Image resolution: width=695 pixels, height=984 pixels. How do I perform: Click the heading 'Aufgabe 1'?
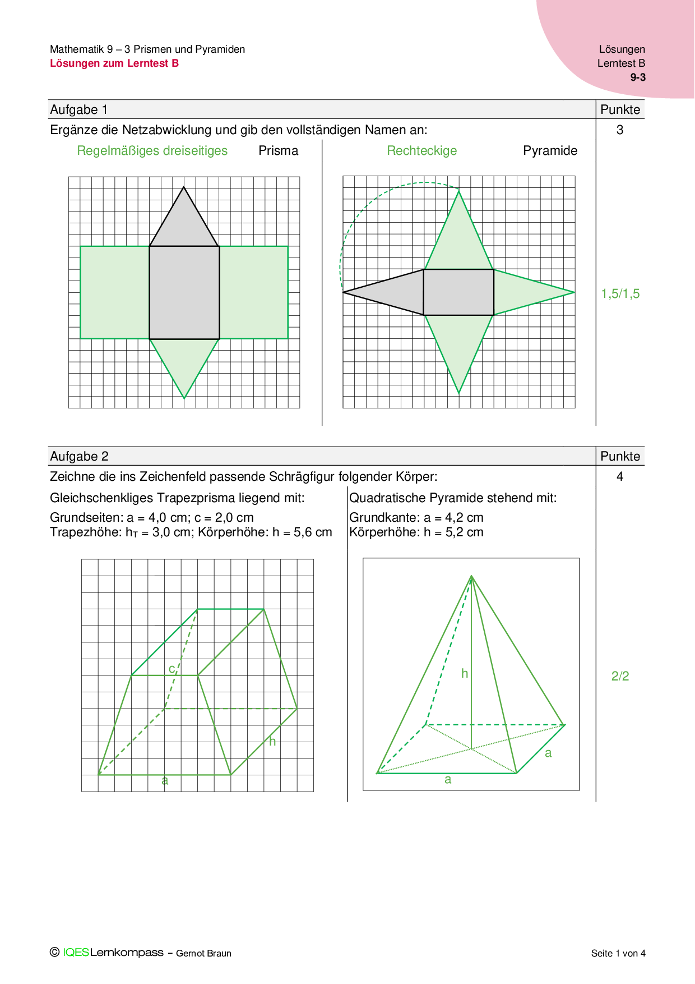[78, 109]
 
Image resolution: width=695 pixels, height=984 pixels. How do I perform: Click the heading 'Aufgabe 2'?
[79, 456]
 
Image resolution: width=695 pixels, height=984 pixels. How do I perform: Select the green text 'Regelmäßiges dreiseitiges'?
[152, 150]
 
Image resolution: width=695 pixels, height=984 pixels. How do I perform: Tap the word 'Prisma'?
[278, 150]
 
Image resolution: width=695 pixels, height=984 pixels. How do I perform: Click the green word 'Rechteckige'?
[422, 150]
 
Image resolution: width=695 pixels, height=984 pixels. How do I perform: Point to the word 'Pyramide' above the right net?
[550, 150]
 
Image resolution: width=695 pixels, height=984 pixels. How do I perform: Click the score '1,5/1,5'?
[620, 293]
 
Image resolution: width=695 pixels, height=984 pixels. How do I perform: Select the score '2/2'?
[620, 676]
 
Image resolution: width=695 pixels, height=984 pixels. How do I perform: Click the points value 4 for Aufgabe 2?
[620, 476]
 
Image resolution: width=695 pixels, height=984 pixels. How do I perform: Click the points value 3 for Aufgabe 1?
[620, 130]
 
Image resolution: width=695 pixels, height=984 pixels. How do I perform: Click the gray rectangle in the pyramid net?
[458, 292]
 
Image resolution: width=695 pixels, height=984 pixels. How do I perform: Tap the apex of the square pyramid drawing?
[471, 576]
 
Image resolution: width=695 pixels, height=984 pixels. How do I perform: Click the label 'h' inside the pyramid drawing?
[465, 673]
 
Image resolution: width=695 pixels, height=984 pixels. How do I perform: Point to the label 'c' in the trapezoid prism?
[172, 669]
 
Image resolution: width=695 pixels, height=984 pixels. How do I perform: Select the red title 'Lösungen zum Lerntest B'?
[114, 63]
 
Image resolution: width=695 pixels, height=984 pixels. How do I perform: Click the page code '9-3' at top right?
[638, 77]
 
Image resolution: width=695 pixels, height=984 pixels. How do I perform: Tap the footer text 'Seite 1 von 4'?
[618, 953]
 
